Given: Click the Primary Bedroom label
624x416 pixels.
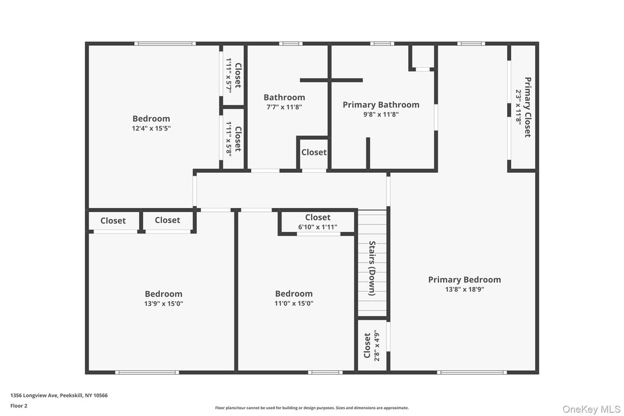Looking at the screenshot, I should coord(464,279).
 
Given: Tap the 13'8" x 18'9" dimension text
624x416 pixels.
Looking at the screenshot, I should coord(464,290).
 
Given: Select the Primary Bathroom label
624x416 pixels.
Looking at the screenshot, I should coord(381,105).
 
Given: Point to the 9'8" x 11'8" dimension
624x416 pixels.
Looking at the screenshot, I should coord(381,115).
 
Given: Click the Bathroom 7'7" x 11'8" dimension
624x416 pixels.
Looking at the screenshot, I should coord(284,107).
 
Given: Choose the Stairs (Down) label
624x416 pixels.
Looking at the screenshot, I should coord(372,268).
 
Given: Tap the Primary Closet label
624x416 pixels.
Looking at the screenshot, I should coord(528,107).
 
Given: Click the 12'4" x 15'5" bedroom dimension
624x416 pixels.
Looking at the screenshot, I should coord(151,128).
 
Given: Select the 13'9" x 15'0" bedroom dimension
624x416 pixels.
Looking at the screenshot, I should coord(164,304).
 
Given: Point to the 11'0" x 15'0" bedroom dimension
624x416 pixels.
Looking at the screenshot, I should coord(294,304).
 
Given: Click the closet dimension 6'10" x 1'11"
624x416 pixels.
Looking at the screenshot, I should coord(318,227).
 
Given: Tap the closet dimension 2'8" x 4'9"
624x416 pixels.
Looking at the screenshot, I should coord(377,345).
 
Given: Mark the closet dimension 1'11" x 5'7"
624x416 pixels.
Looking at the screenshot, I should coord(229,75).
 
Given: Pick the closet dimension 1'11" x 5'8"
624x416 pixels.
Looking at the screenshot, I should coord(229,139).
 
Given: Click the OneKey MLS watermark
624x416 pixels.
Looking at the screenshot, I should coord(591,409).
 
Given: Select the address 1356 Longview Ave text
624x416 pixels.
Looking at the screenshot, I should coord(59,395).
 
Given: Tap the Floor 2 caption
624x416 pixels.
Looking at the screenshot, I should coord(19,406).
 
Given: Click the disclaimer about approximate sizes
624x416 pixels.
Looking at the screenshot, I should coord(311,408).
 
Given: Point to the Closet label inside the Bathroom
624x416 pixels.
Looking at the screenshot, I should coord(314,152).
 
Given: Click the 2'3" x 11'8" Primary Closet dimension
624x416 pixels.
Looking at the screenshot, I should coord(518,107).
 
